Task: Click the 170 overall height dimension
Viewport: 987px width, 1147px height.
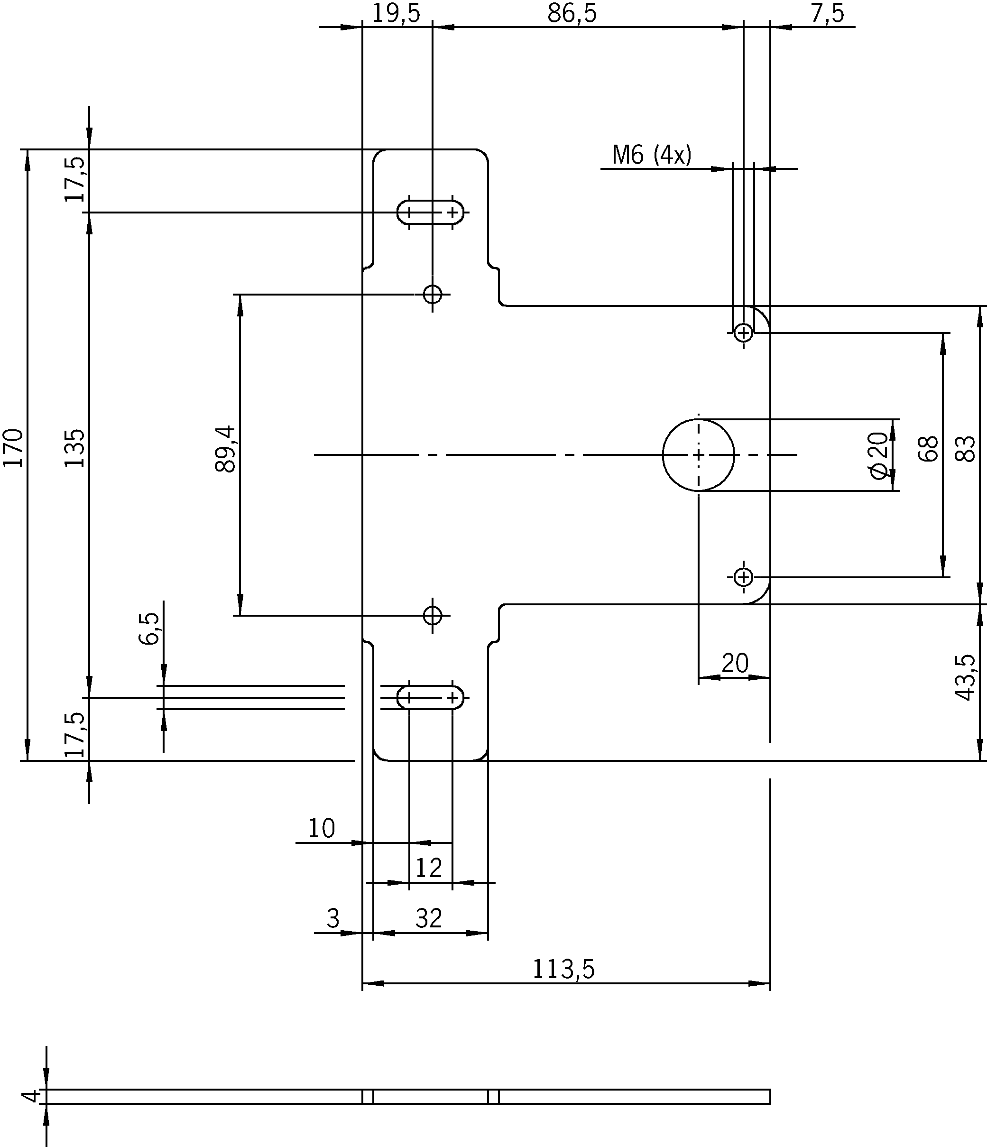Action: point(13,448)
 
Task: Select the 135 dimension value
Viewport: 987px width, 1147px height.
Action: point(75,448)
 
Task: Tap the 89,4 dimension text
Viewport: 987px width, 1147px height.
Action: point(225,449)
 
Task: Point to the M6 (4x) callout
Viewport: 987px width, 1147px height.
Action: point(652,155)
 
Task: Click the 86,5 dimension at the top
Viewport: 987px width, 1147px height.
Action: point(572,13)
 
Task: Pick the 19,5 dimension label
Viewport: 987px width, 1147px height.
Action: point(396,13)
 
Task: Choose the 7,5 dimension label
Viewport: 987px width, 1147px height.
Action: point(828,13)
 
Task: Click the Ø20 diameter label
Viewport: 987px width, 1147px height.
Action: point(878,455)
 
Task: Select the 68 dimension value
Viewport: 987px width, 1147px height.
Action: point(928,448)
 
